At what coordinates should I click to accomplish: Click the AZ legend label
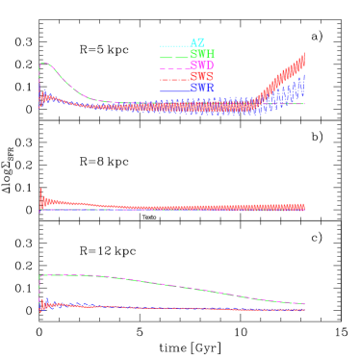pyautogui.click(x=197, y=43)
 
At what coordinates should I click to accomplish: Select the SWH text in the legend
pyautogui.click(x=201, y=55)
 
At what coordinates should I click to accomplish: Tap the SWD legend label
pyautogui.click(x=201, y=65)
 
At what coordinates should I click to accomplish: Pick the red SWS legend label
pyautogui.click(x=201, y=76)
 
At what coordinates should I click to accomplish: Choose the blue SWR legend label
pyautogui.click(x=201, y=88)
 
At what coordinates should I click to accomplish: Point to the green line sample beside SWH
pyautogui.click(x=173, y=55)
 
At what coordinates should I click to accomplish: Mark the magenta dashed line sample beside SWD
pyautogui.click(x=173, y=66)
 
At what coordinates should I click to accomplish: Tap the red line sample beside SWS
pyautogui.click(x=173, y=77)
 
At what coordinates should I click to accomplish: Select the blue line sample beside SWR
pyautogui.click(x=173, y=89)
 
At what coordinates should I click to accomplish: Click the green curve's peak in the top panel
pyautogui.click(x=45, y=64)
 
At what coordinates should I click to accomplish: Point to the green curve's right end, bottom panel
pyautogui.click(x=304, y=304)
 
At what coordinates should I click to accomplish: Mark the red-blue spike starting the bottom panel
pyautogui.click(x=40, y=303)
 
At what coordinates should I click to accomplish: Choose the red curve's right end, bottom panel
pyautogui.click(x=304, y=310)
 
